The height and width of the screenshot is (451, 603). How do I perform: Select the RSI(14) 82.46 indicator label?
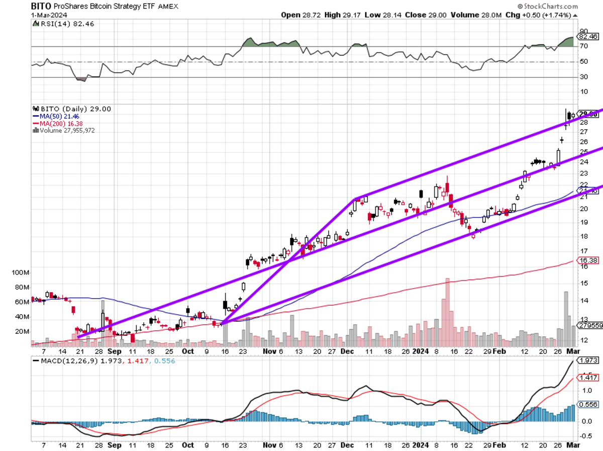point(56,24)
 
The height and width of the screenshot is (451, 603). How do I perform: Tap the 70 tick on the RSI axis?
point(584,47)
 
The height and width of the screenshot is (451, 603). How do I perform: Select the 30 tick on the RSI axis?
point(584,77)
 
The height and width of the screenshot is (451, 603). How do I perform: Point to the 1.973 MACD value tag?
point(588,360)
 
